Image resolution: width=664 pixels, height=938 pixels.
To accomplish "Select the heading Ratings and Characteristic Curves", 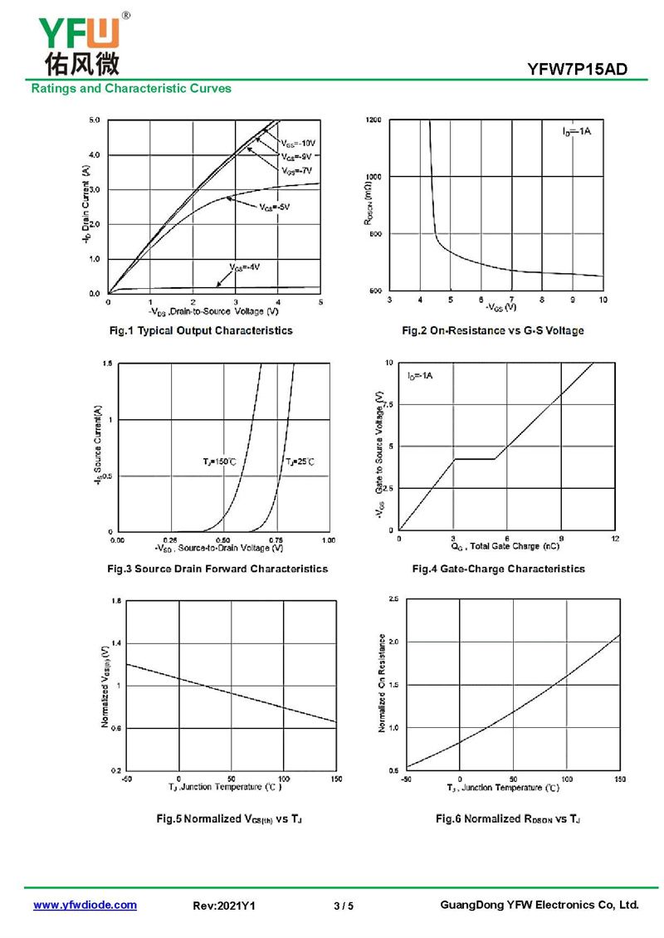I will (x=131, y=88).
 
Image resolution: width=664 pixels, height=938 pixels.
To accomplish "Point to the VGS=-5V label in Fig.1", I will (x=274, y=206).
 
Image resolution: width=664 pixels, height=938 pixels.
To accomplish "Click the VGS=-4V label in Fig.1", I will (x=244, y=266).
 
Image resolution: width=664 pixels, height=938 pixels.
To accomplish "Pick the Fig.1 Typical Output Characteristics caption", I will (x=202, y=330).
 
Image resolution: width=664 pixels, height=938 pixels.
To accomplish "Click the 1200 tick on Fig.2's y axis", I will (x=373, y=120).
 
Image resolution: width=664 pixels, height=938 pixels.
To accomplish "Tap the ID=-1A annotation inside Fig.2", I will (x=576, y=132).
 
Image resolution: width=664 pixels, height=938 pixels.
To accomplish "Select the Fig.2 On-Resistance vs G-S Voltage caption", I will (x=493, y=330).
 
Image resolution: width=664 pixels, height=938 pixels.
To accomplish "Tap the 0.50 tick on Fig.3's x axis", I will (x=222, y=540).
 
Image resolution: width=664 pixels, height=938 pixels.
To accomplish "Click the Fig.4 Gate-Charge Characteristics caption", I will (x=498, y=569).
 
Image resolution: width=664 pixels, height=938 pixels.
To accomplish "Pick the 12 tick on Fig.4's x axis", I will (x=614, y=540).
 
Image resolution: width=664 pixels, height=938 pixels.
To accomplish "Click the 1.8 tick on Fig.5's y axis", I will (x=116, y=600).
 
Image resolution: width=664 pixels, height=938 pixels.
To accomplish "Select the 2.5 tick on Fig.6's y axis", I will (x=393, y=598).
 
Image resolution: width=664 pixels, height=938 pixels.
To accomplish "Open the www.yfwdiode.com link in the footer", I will (x=85, y=905).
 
